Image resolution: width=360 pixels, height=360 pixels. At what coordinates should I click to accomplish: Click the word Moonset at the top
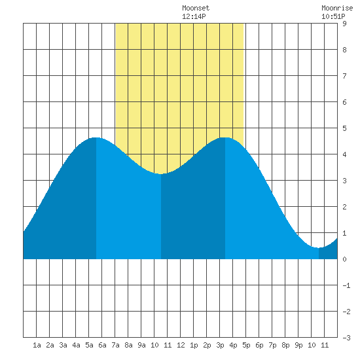tap(196, 8)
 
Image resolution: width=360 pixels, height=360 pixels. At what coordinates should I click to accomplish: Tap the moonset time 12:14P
tap(194, 16)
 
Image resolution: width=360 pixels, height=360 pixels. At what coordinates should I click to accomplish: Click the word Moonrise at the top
tap(337, 8)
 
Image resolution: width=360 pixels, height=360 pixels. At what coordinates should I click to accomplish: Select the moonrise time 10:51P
tap(333, 16)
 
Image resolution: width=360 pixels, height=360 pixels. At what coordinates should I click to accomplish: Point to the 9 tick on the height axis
tap(344, 24)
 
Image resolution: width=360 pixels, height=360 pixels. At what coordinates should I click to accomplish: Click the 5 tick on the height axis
tap(344, 128)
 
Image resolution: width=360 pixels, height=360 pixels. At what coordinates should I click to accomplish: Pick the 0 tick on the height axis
tap(344, 259)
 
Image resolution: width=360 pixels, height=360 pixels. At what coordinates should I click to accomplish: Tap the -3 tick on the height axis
tap(346, 338)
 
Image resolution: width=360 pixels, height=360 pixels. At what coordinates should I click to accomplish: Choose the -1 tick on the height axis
tap(346, 285)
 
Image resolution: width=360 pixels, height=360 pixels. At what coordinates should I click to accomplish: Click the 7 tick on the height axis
tap(344, 76)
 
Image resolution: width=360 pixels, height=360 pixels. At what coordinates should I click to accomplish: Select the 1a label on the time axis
tap(37, 345)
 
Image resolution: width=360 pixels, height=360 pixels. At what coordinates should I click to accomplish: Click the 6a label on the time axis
tap(102, 345)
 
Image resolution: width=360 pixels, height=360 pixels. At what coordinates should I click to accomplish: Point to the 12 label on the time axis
tap(181, 345)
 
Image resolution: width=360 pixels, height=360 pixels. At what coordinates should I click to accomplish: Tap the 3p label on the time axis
tap(220, 345)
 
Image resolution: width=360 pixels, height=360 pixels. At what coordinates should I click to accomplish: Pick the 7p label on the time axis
tap(272, 345)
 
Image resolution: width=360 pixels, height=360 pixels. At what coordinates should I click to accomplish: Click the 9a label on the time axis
tap(141, 345)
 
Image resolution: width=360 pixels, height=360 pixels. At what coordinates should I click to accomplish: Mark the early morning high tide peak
tap(96, 137)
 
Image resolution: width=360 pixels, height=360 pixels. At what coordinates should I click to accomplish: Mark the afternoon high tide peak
tap(225, 137)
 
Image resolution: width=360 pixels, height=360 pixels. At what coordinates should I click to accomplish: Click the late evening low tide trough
tap(319, 247)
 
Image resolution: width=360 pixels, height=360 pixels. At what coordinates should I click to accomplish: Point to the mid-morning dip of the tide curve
tap(161, 174)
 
